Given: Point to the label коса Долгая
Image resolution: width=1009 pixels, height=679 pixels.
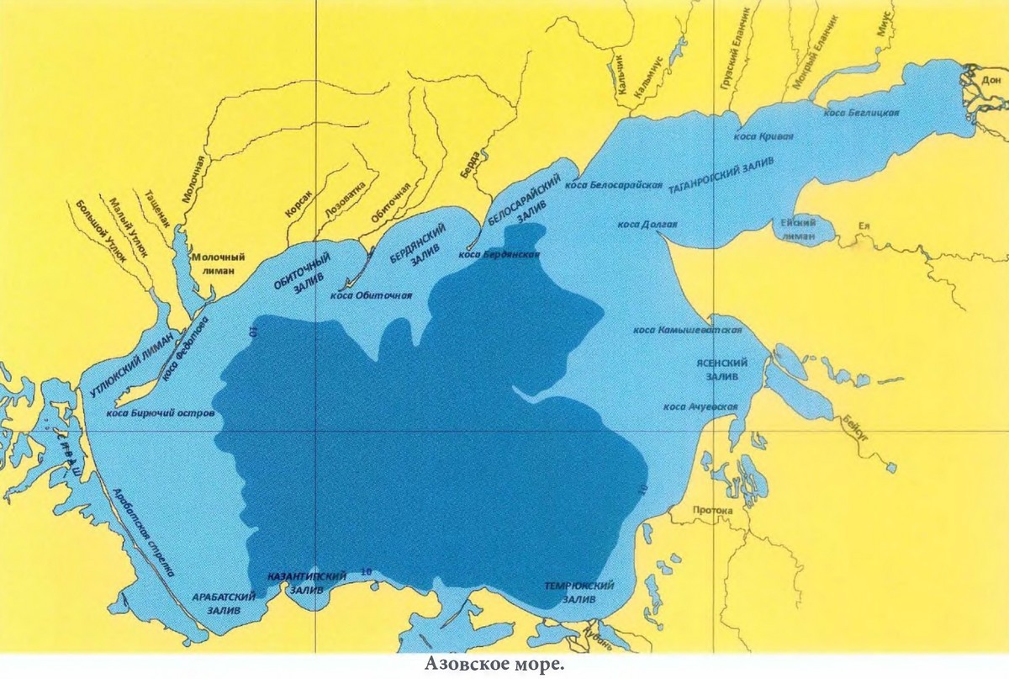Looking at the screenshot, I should (x=647, y=225).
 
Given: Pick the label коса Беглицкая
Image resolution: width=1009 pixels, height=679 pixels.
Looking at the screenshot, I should (x=863, y=113).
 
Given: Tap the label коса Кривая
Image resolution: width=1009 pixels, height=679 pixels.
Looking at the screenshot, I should (x=763, y=135).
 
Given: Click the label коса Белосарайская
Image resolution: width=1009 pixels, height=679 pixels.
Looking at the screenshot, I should (x=614, y=185).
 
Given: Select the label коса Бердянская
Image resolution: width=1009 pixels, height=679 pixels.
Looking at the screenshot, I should (x=499, y=253).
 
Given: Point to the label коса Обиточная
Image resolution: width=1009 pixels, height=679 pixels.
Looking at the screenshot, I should (x=371, y=294).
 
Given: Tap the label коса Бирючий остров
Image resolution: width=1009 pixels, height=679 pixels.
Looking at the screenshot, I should (x=161, y=414).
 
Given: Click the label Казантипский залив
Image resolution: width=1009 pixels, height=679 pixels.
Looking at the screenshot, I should (x=306, y=583).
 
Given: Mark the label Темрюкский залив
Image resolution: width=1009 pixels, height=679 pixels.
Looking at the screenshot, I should (x=578, y=592).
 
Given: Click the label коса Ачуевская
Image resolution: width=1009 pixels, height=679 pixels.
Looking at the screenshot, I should (x=700, y=407).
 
